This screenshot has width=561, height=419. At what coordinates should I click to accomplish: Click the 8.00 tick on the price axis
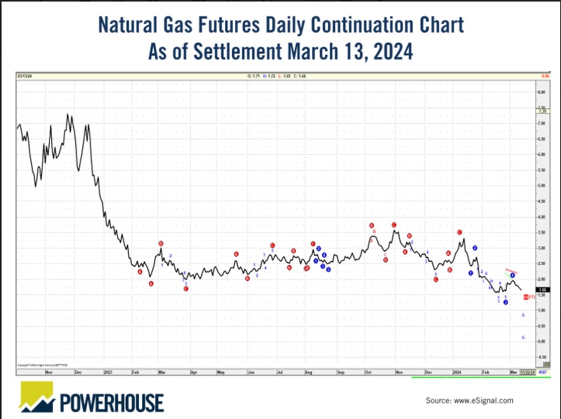[x=541, y=92]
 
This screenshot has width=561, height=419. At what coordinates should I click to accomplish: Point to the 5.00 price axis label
[x=541, y=186]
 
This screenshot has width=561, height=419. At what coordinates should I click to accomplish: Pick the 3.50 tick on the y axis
[x=541, y=233]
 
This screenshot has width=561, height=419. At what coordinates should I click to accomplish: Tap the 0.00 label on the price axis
[x=541, y=341]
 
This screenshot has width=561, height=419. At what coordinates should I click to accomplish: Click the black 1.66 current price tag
[x=541, y=289]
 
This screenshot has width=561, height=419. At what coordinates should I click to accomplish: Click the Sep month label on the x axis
[x=340, y=373]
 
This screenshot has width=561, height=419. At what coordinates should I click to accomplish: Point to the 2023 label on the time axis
[x=108, y=373]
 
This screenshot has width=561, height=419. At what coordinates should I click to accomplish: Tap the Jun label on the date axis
[x=249, y=373]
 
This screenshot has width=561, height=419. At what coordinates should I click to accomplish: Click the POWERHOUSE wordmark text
[x=112, y=402]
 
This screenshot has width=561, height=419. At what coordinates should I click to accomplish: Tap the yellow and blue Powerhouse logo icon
[x=37, y=396]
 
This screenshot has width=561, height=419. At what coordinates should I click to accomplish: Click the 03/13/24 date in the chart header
[x=24, y=76]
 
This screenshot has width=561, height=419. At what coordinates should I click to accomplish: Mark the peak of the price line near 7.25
[x=68, y=115]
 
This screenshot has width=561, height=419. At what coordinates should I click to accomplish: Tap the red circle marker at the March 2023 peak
[x=161, y=244]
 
